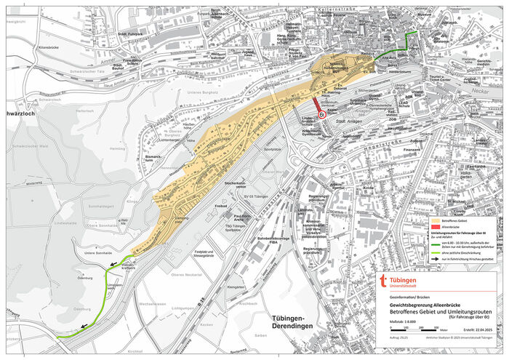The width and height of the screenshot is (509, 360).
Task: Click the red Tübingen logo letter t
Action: click(385, 283)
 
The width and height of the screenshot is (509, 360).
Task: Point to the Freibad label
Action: click(221, 204)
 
